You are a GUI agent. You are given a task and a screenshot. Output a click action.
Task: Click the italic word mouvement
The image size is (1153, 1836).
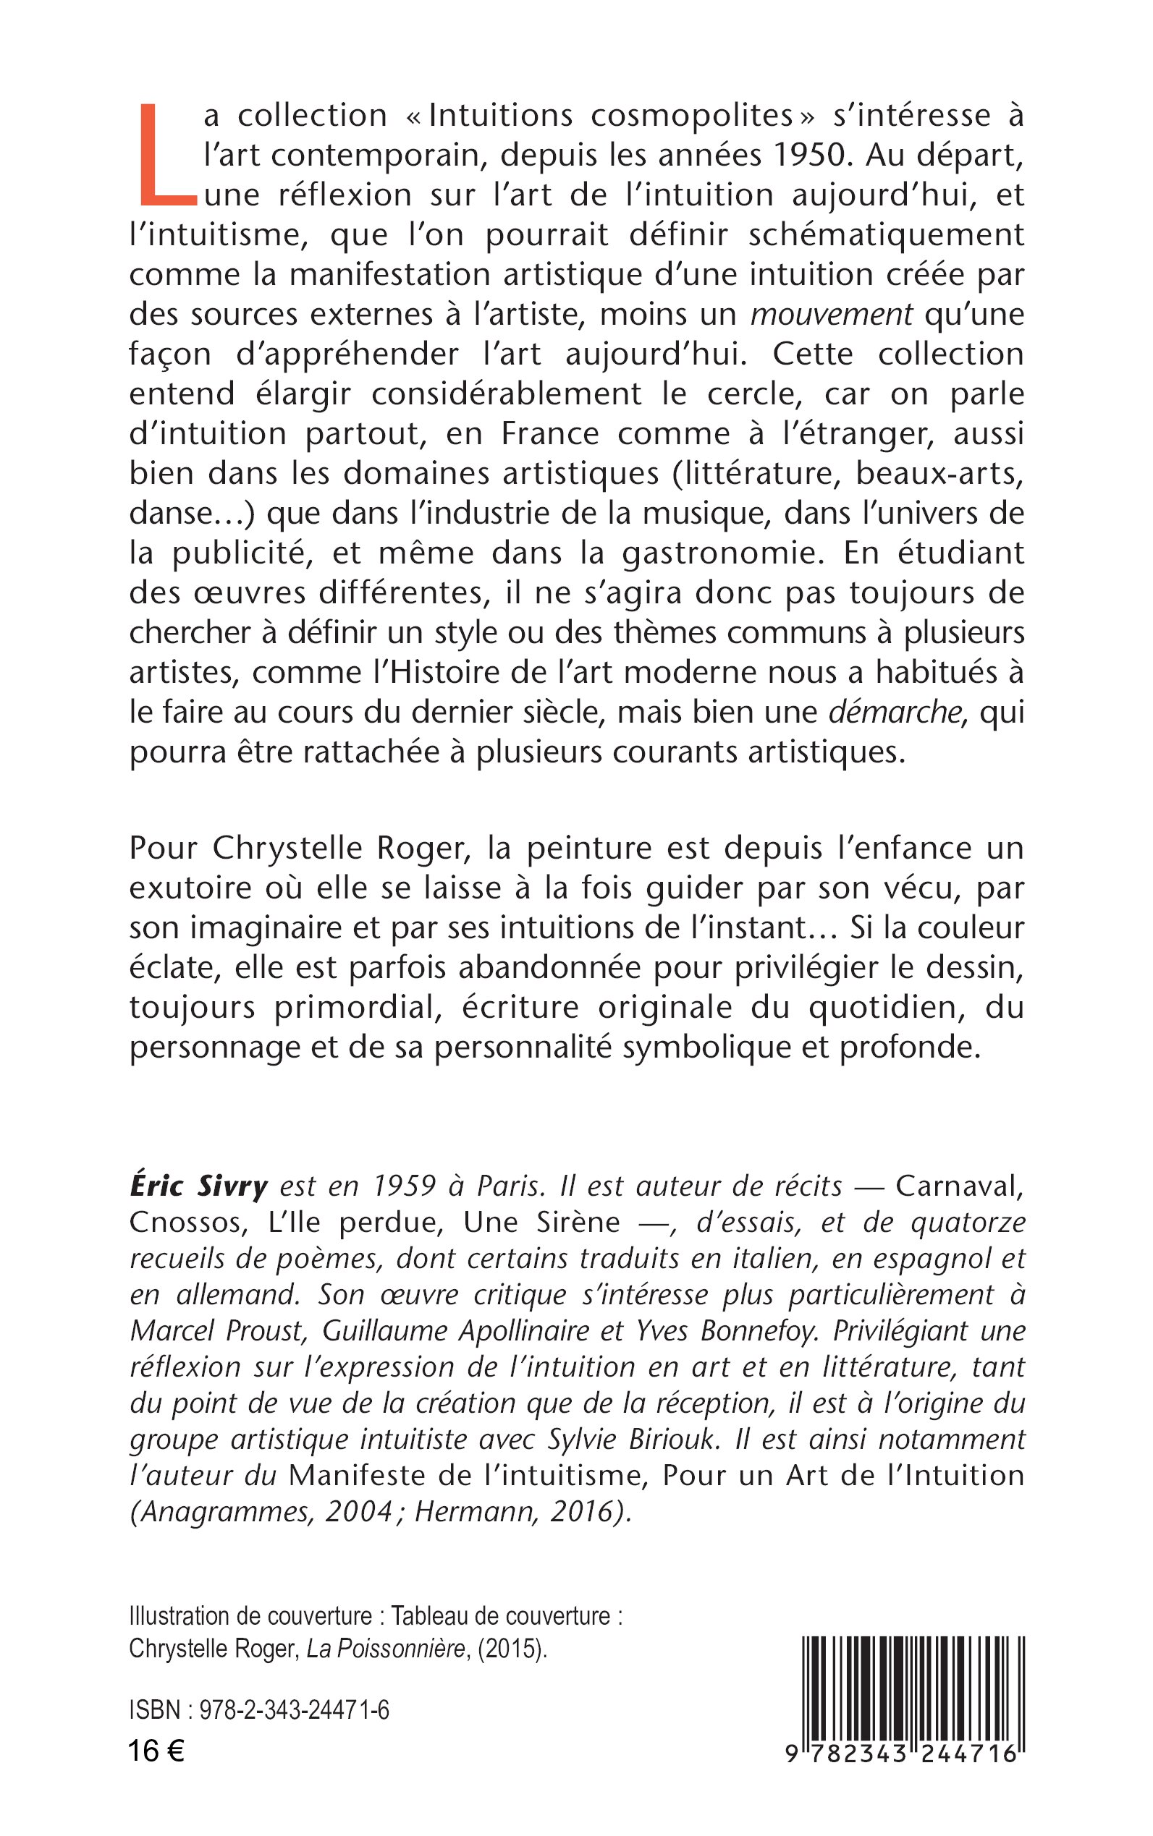click(x=831, y=314)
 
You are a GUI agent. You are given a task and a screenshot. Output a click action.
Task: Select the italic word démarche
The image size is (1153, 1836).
click(x=894, y=712)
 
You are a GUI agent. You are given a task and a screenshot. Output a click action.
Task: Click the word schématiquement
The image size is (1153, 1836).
click(x=886, y=234)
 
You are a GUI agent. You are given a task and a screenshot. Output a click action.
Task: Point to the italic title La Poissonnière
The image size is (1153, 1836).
click(x=386, y=1649)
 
